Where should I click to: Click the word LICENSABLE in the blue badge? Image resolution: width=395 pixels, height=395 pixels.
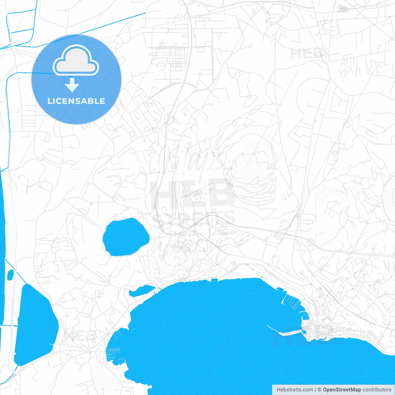tap(76, 101)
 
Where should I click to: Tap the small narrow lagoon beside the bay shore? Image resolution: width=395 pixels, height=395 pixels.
tap(141, 291)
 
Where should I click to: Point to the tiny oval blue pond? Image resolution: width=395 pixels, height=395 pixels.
tap(10, 274)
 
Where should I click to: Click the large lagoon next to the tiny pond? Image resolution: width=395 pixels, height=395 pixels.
tap(35, 324)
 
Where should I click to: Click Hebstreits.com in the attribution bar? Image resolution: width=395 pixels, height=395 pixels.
tap(295, 390)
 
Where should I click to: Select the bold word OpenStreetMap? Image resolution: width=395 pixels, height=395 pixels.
tap(342, 390)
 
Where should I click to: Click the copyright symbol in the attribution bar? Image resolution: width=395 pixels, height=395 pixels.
tap(320, 390)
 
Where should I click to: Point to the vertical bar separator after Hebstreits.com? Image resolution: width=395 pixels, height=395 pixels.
tap(315, 390)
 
